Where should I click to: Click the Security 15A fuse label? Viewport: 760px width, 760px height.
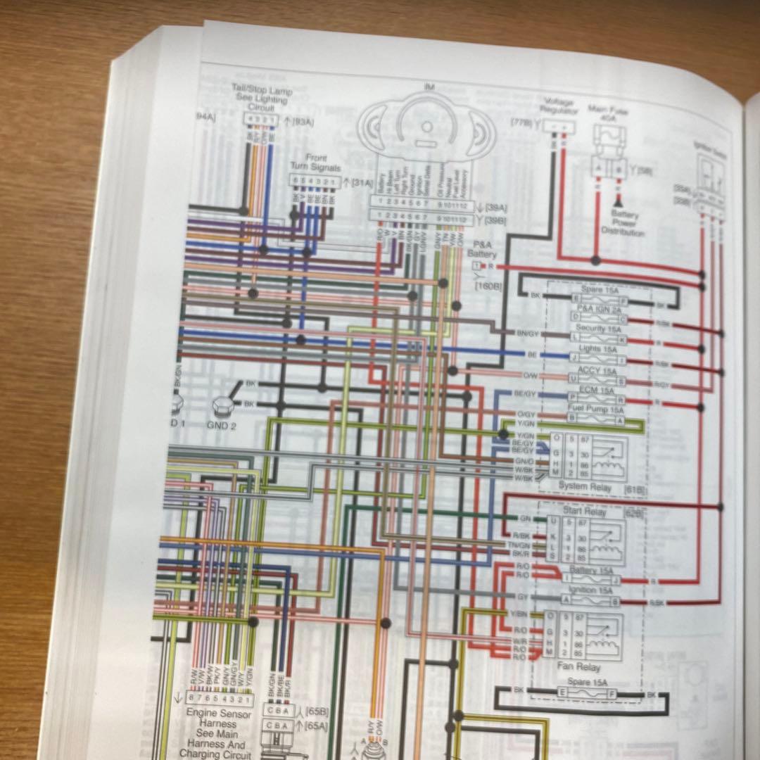coord(597,329)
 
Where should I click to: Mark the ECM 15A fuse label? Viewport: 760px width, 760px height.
coord(596,389)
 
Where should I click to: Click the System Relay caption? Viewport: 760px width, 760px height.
coord(581,486)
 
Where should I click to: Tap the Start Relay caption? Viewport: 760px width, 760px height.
coord(584,512)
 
